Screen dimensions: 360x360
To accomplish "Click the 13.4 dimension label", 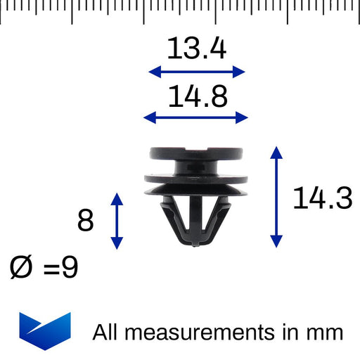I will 196,49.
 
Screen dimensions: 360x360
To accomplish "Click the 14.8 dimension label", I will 196,96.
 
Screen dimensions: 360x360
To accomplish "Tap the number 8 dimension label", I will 86,221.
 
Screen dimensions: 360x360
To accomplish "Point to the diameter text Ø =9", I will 44,268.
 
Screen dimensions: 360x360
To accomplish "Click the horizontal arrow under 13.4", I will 196,71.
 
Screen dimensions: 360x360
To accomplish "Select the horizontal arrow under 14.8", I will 196,117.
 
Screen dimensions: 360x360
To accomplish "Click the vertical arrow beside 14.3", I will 277,197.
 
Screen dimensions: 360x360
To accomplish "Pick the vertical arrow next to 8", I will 117,220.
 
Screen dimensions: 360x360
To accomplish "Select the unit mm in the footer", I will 326,332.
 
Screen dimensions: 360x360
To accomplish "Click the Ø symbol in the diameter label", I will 22,268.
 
